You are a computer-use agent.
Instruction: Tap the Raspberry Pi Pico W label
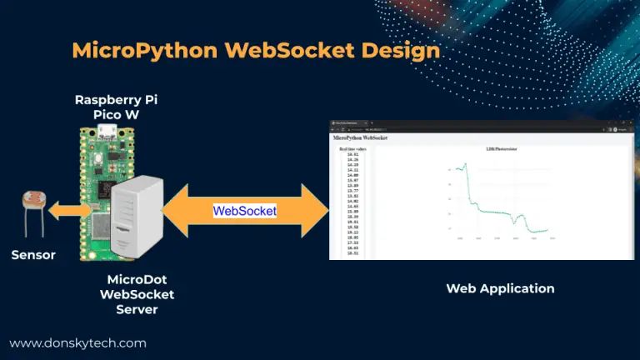click(116, 105)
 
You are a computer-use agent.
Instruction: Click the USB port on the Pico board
click(105, 131)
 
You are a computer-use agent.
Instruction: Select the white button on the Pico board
click(100, 159)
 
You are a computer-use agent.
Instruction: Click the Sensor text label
click(33, 255)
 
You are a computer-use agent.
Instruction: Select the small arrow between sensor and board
click(67, 212)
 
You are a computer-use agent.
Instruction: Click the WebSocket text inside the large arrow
click(244, 211)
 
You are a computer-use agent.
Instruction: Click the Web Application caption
click(500, 288)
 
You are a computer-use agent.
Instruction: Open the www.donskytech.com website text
click(77, 342)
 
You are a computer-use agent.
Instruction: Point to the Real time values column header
click(352, 148)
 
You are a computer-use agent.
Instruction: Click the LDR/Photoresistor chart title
click(502, 148)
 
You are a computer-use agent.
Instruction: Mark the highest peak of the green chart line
click(465, 163)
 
